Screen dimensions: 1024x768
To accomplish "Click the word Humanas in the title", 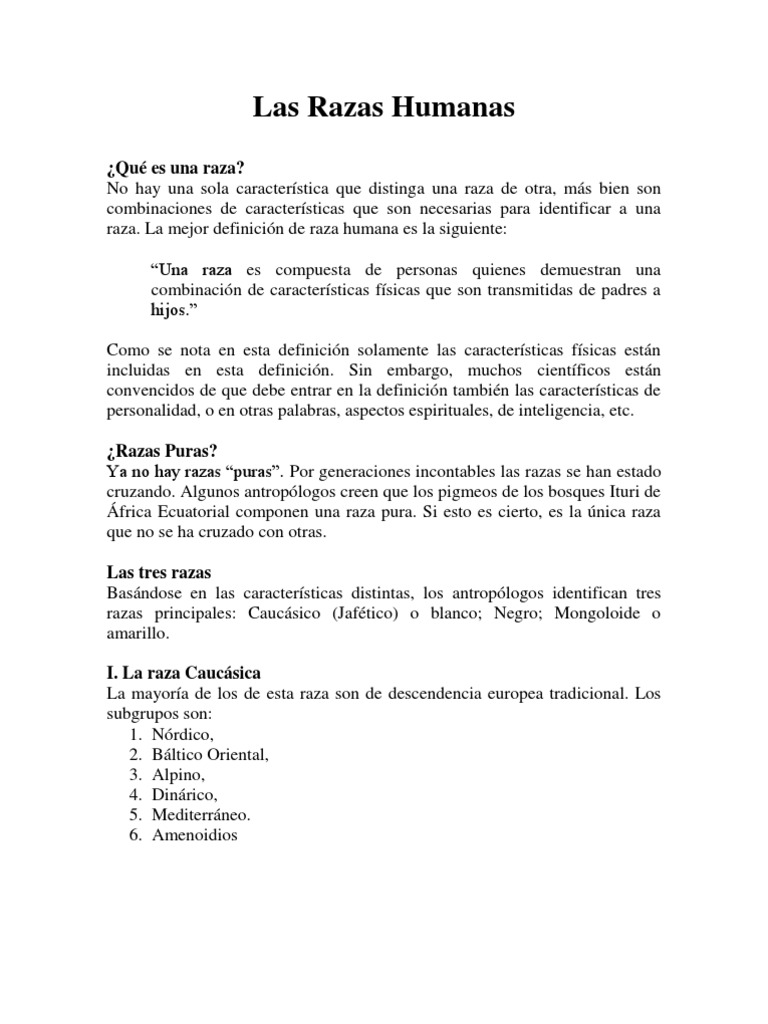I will point(454,109).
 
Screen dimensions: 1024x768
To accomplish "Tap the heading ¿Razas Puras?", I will point(164,450).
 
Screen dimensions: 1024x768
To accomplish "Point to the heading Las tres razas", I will point(159,572).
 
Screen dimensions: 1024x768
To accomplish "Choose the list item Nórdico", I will point(183,735).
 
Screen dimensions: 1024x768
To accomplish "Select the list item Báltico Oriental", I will point(211,755).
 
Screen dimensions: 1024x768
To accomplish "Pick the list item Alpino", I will point(179,775).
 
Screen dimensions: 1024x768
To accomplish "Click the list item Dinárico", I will point(185,795).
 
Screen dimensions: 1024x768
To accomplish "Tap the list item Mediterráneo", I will point(201,815).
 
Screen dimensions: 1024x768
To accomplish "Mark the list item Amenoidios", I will point(195,835).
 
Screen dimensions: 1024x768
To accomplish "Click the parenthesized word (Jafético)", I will point(365,613).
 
